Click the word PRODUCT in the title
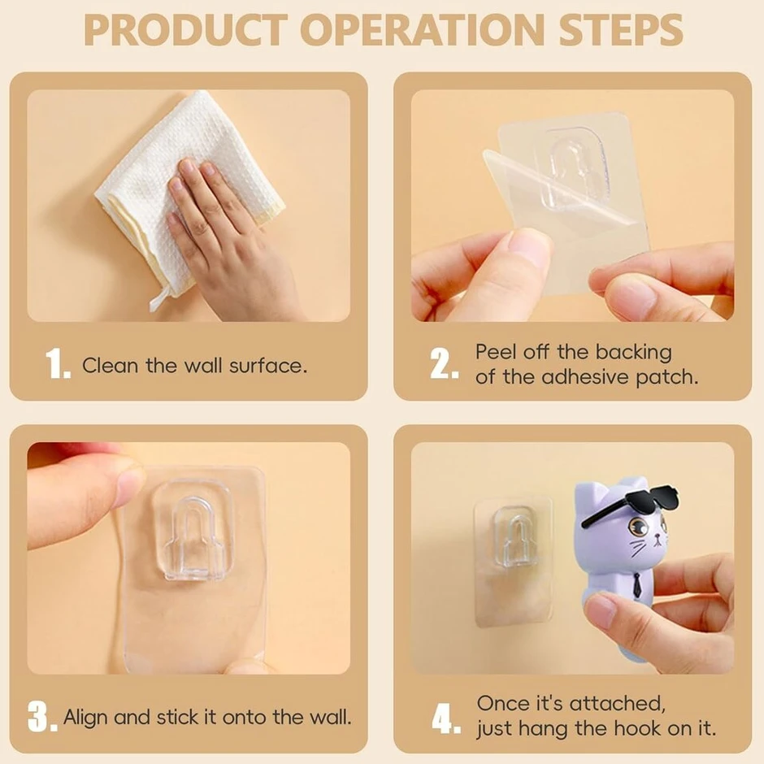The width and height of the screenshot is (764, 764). pos(185,30)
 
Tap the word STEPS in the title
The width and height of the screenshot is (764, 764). pos(620,30)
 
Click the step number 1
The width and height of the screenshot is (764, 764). pos(58,363)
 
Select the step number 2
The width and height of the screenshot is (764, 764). pos(444,364)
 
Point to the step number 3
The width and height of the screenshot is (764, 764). pos(42,716)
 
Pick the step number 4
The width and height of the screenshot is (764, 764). pos(446,718)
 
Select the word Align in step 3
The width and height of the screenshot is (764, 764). pos(85,717)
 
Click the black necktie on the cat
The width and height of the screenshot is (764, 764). pos(637,584)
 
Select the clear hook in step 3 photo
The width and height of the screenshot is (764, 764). pos(194,536)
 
